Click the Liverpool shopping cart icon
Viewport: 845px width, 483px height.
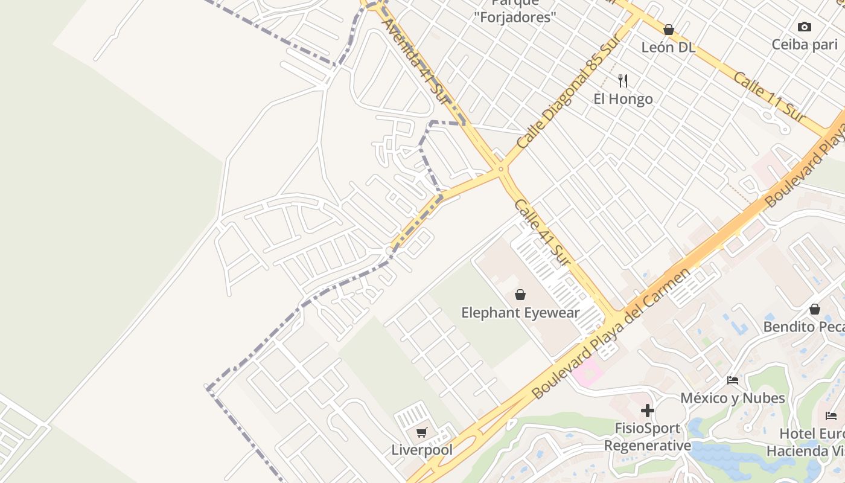tap(422, 432)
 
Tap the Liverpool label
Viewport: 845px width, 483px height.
tap(422, 450)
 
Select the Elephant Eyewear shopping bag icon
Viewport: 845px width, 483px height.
tap(520, 295)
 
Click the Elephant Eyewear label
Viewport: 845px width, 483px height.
tap(520, 313)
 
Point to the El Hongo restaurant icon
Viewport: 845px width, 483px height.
tap(623, 80)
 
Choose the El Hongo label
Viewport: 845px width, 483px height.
tap(623, 98)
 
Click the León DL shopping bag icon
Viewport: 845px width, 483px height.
tap(669, 30)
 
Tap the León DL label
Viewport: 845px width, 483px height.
tap(669, 47)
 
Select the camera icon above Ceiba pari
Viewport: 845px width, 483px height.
tap(805, 27)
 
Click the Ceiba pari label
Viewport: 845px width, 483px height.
tap(805, 44)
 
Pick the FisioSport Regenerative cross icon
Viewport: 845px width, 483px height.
tap(648, 411)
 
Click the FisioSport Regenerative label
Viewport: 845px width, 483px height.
tap(648, 437)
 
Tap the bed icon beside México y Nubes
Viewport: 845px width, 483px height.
tap(733, 380)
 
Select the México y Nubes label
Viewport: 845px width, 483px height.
tap(733, 398)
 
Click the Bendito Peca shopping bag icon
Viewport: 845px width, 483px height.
tap(815, 309)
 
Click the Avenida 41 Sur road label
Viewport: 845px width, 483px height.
tap(417, 61)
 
